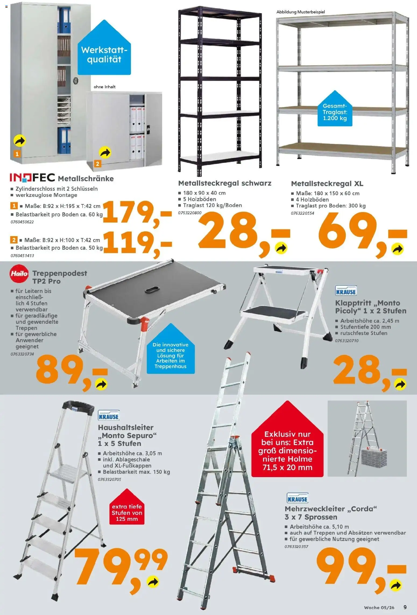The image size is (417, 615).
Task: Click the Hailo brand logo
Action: tap(19, 274)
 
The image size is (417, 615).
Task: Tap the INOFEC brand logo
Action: tap(32, 178)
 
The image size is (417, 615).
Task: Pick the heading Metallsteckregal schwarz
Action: tap(225, 183)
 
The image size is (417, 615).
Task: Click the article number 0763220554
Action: tap(302, 213)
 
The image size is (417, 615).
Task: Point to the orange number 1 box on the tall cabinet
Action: tap(17, 154)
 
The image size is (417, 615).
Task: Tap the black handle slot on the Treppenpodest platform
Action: tap(152, 291)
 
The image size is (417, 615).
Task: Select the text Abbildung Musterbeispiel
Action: tap(301, 12)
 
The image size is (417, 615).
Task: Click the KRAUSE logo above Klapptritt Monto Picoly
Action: tap(346, 291)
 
